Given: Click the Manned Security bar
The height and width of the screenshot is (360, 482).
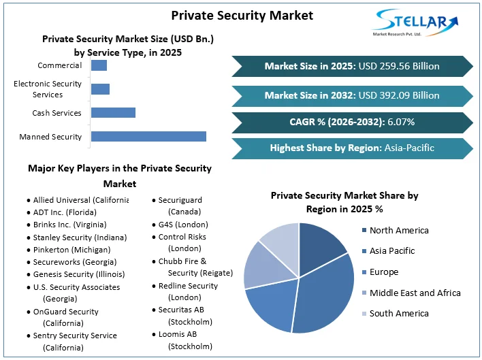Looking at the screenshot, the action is (x=148, y=136).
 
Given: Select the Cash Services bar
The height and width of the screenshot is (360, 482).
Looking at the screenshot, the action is (x=113, y=112).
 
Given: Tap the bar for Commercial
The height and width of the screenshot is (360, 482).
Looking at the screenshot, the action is (x=99, y=65).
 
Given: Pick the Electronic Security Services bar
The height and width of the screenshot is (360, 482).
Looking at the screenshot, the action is (x=100, y=89).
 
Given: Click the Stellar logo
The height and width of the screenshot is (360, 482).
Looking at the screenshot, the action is (x=415, y=22).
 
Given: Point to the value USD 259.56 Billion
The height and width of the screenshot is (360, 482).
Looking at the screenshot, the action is (x=399, y=66).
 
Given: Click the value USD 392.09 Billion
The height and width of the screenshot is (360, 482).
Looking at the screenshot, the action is (x=399, y=95).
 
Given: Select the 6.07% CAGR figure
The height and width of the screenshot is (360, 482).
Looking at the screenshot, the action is (x=401, y=122).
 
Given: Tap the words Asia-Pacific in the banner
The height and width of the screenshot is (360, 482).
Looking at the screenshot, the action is (x=409, y=148).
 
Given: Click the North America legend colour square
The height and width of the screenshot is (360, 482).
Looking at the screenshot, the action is (x=364, y=230).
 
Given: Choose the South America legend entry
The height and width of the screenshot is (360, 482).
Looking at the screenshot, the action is (x=396, y=313).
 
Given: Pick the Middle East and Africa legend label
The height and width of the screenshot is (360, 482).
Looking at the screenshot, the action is (x=415, y=293).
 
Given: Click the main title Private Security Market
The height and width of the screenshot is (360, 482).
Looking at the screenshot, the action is (x=242, y=16).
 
